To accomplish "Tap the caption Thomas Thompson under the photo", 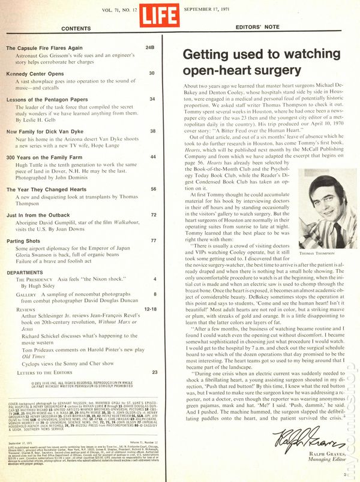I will [314, 254].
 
